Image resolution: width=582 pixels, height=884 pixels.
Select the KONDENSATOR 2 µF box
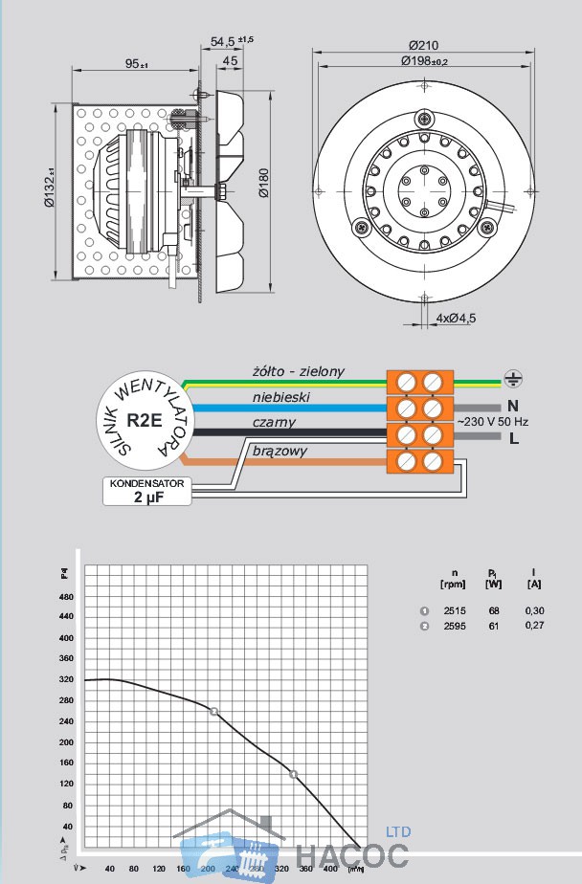[146, 491]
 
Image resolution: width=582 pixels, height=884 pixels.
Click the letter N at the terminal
[513, 406]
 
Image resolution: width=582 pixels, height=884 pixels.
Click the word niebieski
[280, 396]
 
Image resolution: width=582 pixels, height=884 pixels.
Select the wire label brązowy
[280, 449]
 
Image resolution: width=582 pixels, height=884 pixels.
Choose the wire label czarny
[275, 422]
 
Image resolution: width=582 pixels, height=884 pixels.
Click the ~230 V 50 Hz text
[493, 421]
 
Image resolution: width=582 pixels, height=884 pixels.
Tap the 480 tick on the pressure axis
[66, 597]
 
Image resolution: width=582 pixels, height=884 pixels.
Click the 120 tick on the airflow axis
[133, 869]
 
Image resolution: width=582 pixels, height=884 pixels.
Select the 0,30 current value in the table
[534, 610]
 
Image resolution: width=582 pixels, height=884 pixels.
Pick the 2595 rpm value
[455, 626]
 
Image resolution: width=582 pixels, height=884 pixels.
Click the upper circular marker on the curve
[213, 711]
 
